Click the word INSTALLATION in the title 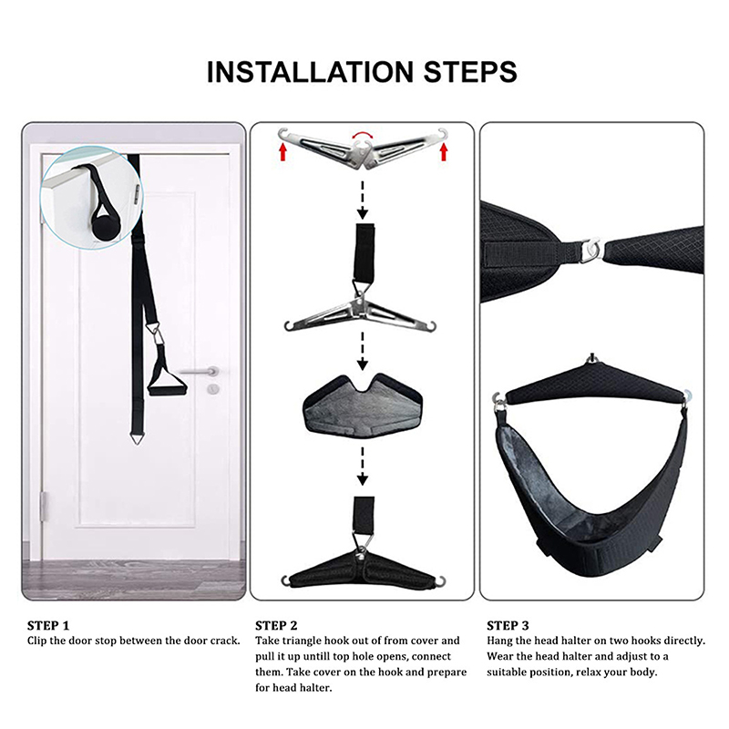[x=310, y=72]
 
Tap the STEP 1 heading [x=48, y=625]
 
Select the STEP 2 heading [x=276, y=625]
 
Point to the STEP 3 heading [x=508, y=625]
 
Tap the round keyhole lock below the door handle [x=213, y=389]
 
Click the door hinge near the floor [x=45, y=507]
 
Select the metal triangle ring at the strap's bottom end [x=136, y=438]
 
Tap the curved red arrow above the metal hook [x=363, y=135]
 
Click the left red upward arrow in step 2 [x=282, y=151]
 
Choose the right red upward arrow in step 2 [x=444, y=151]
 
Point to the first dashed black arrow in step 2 [x=363, y=200]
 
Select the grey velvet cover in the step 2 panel [x=363, y=406]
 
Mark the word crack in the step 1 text [x=224, y=641]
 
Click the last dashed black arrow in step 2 [x=363, y=467]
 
